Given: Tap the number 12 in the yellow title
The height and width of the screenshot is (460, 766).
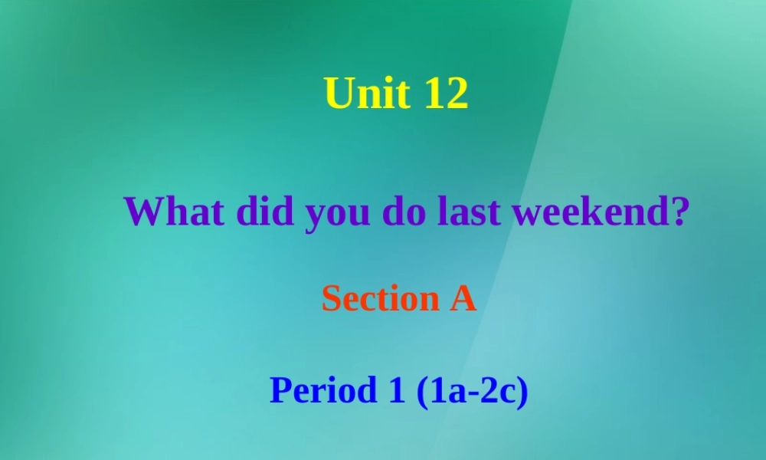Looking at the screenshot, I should click(444, 94).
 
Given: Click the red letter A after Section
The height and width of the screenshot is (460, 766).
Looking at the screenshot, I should click(462, 298).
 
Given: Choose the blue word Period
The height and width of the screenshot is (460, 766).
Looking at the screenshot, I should click(321, 391).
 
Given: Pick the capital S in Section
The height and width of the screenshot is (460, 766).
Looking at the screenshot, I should click(330, 298).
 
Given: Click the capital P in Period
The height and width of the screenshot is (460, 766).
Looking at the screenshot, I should click(280, 391).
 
